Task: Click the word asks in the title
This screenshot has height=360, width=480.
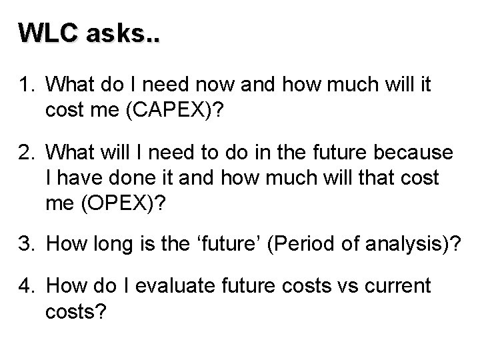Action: [121, 32]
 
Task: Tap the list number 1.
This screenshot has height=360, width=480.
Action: [26, 85]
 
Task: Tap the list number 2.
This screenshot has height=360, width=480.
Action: [26, 154]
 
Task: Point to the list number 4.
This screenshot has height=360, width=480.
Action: [26, 287]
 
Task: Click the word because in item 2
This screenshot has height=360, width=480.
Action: [415, 154]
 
